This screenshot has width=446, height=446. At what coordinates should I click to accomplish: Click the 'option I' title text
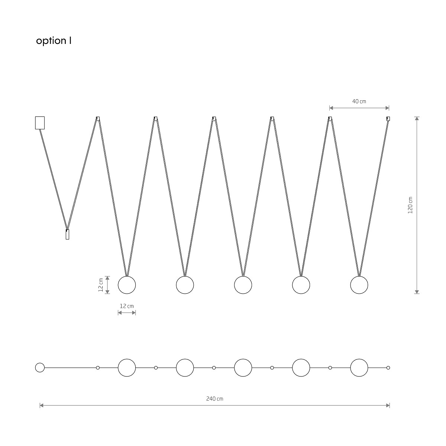(x=54, y=41)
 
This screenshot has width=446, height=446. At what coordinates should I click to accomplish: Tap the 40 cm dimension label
(x=359, y=101)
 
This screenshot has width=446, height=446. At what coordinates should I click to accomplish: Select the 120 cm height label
(x=410, y=205)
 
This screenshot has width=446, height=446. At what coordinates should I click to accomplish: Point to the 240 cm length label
(x=214, y=399)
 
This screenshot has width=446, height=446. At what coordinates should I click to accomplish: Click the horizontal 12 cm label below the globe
(x=127, y=306)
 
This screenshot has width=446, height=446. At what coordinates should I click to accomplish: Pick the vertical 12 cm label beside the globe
(x=100, y=285)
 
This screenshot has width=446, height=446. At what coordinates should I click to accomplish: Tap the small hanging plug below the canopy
(x=67, y=234)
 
